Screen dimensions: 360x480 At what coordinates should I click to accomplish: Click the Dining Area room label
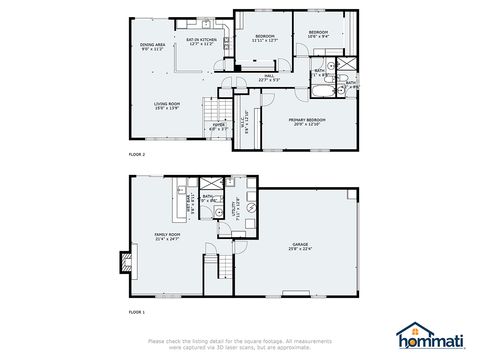pyautogui.click(x=153, y=45)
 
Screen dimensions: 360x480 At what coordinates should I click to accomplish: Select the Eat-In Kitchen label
pyautogui.click(x=202, y=42)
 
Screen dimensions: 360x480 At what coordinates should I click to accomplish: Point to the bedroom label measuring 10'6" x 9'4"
pyautogui.click(x=319, y=34)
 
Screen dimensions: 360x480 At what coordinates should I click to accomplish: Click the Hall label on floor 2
pyautogui.click(x=267, y=78)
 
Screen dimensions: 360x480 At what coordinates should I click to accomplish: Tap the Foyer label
pyautogui.click(x=219, y=127)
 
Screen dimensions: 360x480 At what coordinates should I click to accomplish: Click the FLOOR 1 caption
pyautogui.click(x=137, y=313)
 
